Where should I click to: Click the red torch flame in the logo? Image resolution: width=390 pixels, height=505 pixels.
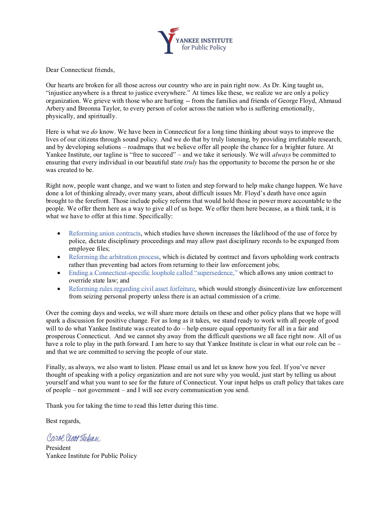pyautogui.click(x=175, y=31)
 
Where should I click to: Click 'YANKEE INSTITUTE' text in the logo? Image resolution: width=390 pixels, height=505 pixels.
pyautogui.click(x=204, y=40)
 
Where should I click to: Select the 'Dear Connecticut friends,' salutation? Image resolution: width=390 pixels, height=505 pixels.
pyautogui.click(x=80, y=70)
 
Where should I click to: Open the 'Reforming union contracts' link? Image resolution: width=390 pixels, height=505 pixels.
pyautogui.click(x=105, y=233)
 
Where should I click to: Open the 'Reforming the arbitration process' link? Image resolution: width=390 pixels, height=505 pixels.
pyautogui.click(x=114, y=257)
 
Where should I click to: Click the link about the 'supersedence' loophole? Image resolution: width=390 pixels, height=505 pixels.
pyautogui.click(x=153, y=273)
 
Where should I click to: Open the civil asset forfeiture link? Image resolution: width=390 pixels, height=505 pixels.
pyautogui.click(x=132, y=289)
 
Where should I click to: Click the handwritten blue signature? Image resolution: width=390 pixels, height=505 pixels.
pyautogui.click(x=73, y=438)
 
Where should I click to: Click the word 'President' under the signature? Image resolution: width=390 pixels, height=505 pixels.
pyautogui.click(x=58, y=448)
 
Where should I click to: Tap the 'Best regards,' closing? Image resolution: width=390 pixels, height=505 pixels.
pyautogui.click(x=63, y=421)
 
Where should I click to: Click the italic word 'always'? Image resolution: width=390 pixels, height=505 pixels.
pyautogui.click(x=281, y=155)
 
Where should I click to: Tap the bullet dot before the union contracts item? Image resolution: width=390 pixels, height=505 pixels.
pyautogui.click(x=59, y=234)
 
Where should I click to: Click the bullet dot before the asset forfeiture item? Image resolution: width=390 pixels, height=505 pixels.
pyautogui.click(x=59, y=289)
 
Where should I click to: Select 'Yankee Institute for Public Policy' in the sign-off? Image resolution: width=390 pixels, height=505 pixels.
pyautogui.click(x=91, y=456)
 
